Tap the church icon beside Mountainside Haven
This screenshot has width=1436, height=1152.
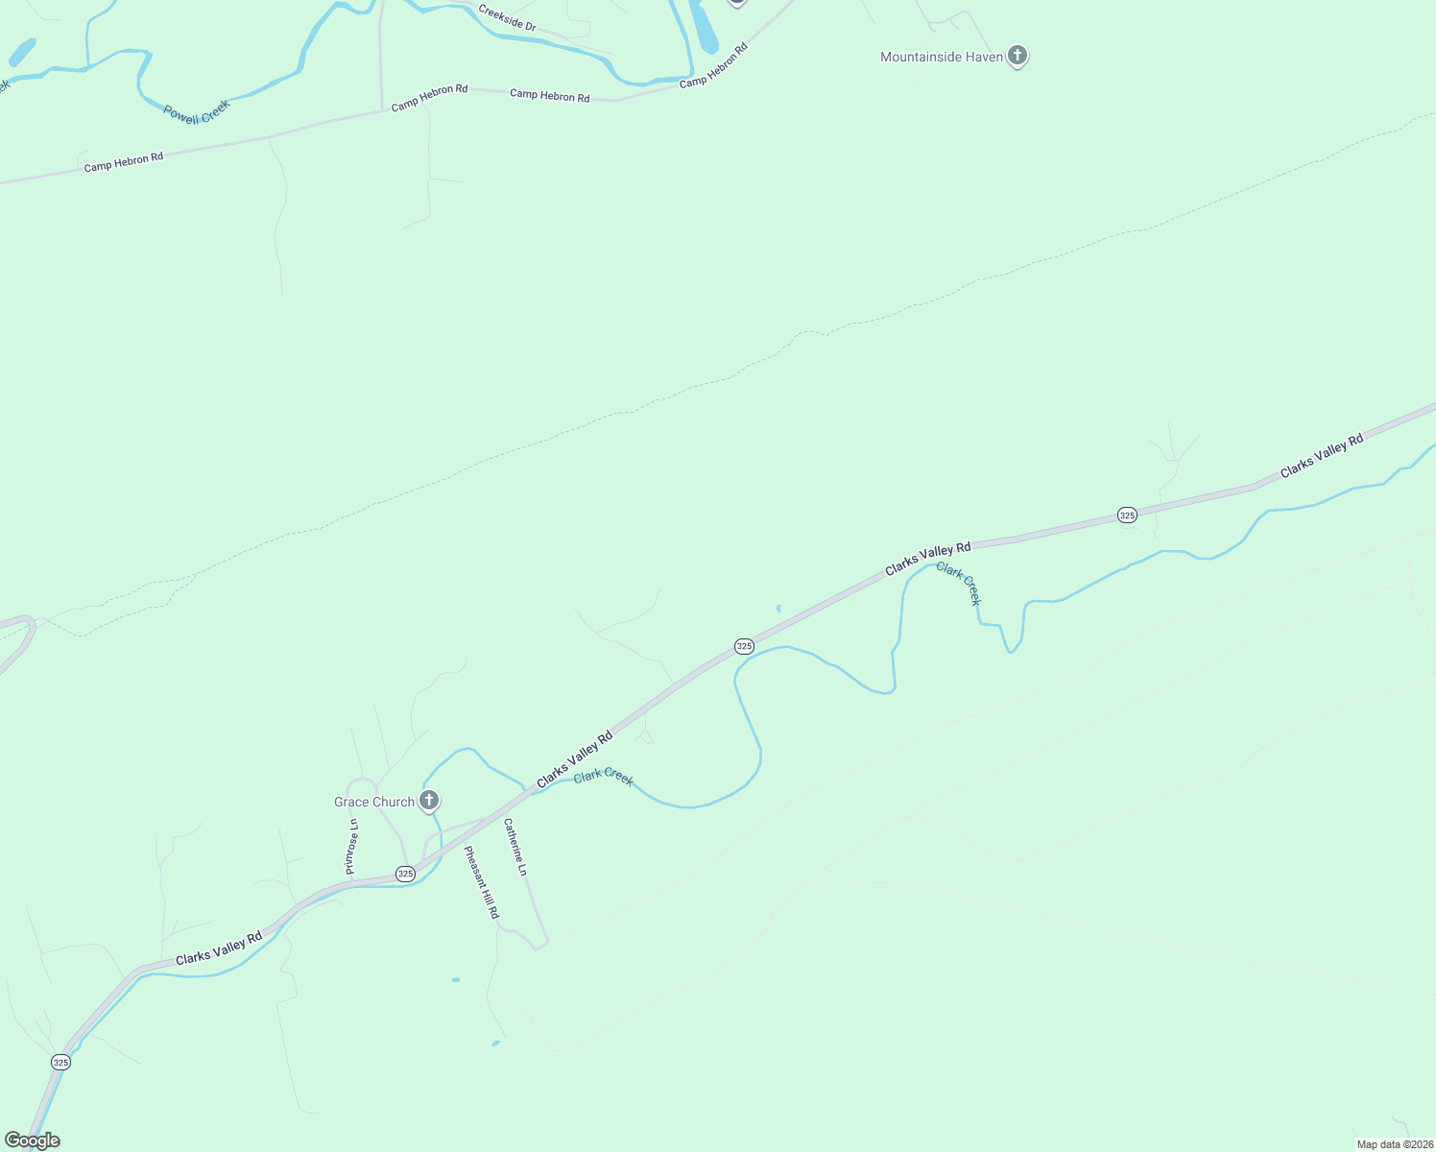[1018, 56]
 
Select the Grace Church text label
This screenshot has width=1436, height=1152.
[373, 803]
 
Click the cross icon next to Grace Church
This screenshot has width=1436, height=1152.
[429, 800]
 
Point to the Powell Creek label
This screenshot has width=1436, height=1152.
[197, 112]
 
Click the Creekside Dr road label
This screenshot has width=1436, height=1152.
[507, 19]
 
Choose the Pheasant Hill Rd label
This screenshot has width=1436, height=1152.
[482, 882]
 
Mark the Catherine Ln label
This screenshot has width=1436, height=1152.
[515, 847]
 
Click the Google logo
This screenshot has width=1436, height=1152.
[33, 1140]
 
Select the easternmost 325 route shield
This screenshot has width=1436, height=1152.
[1127, 516]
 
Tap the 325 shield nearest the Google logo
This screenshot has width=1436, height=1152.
[60, 1062]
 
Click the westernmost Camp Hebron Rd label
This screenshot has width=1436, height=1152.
[124, 162]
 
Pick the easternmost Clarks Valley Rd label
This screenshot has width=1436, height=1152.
[1322, 457]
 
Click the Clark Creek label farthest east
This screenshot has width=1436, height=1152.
[959, 584]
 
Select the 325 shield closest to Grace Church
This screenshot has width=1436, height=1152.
[405, 874]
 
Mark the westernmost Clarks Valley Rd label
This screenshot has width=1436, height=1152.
[219, 948]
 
